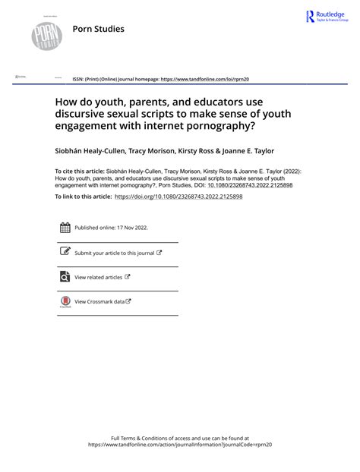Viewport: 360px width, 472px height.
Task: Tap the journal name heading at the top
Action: coord(98,30)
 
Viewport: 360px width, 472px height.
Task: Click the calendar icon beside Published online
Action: coord(65,227)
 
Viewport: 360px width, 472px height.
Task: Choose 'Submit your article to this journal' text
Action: coord(114,253)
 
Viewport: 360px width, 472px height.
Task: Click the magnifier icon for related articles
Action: coord(65,278)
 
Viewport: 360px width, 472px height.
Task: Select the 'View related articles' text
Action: coord(99,278)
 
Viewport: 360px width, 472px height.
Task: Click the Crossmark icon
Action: coord(65,302)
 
